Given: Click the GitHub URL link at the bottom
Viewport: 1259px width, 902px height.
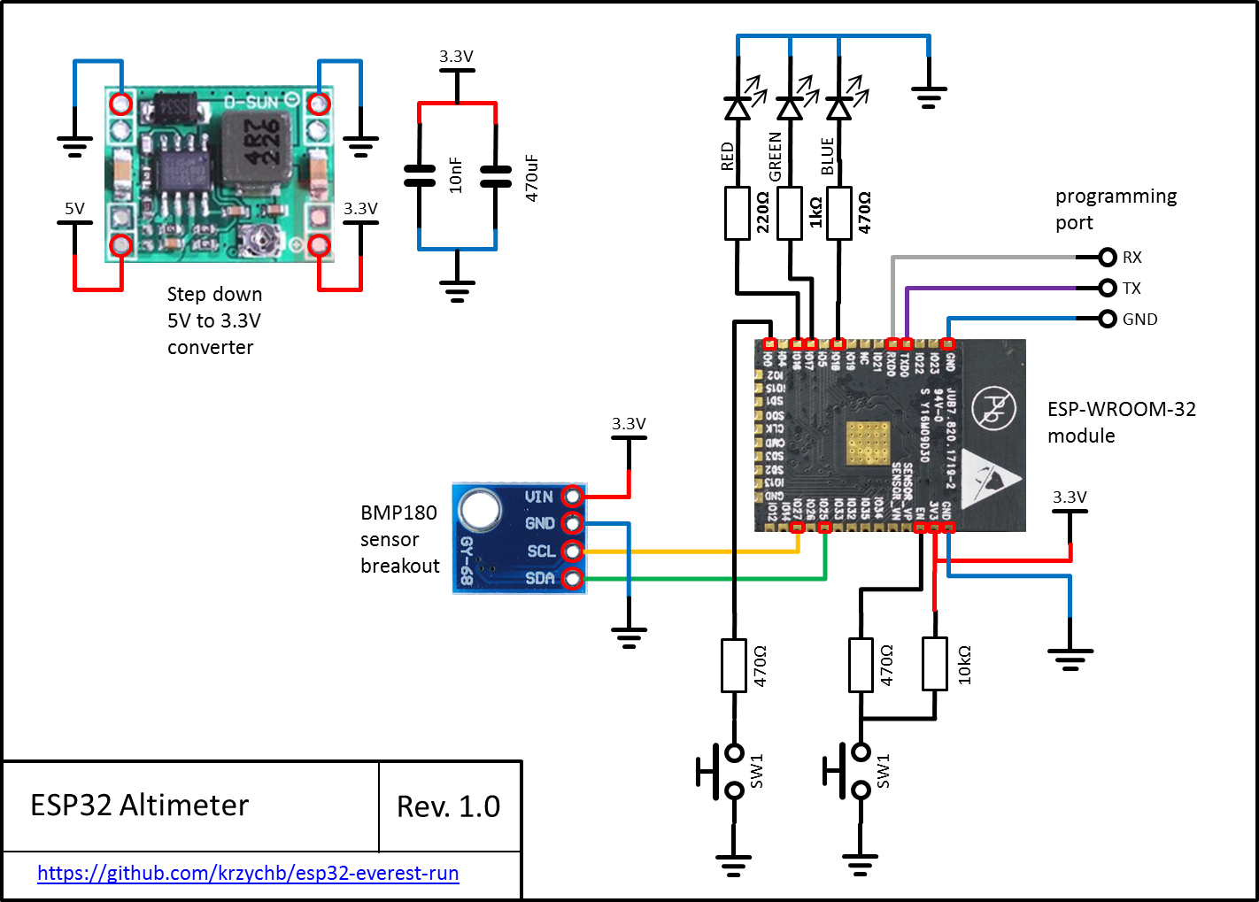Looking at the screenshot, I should [x=248, y=874].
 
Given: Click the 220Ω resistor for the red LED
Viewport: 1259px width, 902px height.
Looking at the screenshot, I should [x=738, y=213].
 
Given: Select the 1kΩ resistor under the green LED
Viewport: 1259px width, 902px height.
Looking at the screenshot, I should [x=790, y=213].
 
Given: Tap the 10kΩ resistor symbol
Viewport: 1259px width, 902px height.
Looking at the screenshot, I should [x=935, y=664].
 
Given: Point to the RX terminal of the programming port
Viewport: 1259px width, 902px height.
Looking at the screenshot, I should [x=1107, y=258].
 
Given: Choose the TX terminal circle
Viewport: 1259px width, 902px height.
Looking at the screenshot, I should [x=1107, y=288].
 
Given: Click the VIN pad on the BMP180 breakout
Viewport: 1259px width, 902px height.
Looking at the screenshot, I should [x=573, y=496].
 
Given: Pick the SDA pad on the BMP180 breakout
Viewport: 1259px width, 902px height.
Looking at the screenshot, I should [x=573, y=580].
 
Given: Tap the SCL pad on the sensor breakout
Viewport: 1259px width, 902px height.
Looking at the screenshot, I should [x=573, y=551].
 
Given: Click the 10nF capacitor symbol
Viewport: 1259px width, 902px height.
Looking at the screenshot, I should [x=420, y=176].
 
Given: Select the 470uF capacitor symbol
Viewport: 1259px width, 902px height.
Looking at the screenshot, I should [x=496, y=176].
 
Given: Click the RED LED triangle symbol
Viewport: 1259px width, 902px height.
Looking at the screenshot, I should [x=738, y=108].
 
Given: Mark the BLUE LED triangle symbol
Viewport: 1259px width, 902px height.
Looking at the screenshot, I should [x=838, y=108].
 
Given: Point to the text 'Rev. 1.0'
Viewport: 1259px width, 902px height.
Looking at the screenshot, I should [x=448, y=806].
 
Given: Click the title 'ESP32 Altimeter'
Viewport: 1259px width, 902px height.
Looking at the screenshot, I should [x=139, y=806].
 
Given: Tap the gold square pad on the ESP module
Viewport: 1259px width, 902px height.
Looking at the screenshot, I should [x=868, y=443].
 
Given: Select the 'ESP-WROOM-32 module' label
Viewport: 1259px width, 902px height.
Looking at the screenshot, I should [x=1121, y=422].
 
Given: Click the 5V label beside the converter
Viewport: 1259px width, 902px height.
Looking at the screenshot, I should [x=74, y=209].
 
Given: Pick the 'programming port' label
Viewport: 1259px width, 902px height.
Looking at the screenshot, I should [x=1116, y=209].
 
